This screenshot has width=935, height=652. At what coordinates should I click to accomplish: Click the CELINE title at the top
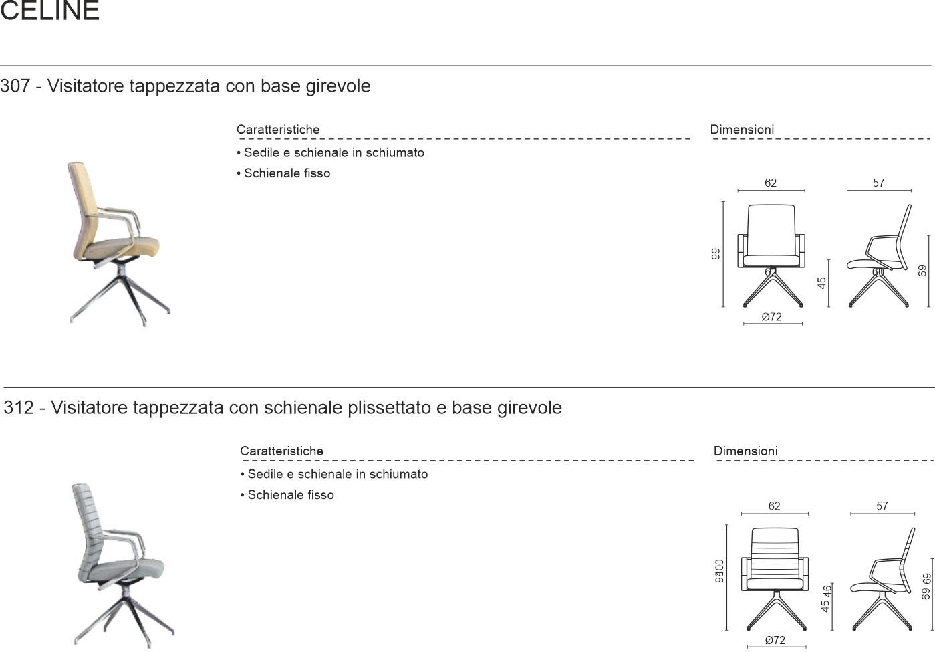point(50,11)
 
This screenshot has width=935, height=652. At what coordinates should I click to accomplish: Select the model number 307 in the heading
point(14,86)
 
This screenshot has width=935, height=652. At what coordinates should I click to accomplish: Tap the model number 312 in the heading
point(18,408)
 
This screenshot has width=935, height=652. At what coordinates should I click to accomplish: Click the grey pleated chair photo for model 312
point(119,565)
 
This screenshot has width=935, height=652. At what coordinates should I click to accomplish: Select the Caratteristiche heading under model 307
point(278,130)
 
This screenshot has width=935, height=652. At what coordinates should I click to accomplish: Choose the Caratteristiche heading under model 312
point(281,451)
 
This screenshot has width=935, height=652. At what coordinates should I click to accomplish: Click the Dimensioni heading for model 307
point(742,130)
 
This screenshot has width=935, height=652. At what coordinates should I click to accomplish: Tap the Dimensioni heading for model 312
point(745,451)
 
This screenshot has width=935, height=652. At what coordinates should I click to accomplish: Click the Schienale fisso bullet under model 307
point(287,173)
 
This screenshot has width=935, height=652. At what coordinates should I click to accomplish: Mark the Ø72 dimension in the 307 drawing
point(771,317)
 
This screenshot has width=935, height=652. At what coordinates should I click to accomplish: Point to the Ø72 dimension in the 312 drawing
point(775,641)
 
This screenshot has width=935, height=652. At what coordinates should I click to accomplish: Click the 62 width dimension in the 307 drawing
point(771,183)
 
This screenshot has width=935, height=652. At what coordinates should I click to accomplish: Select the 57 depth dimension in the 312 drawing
point(882,506)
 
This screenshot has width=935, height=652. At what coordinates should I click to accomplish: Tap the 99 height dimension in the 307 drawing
point(716,254)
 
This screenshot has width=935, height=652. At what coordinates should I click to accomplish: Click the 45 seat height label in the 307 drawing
point(822,283)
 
